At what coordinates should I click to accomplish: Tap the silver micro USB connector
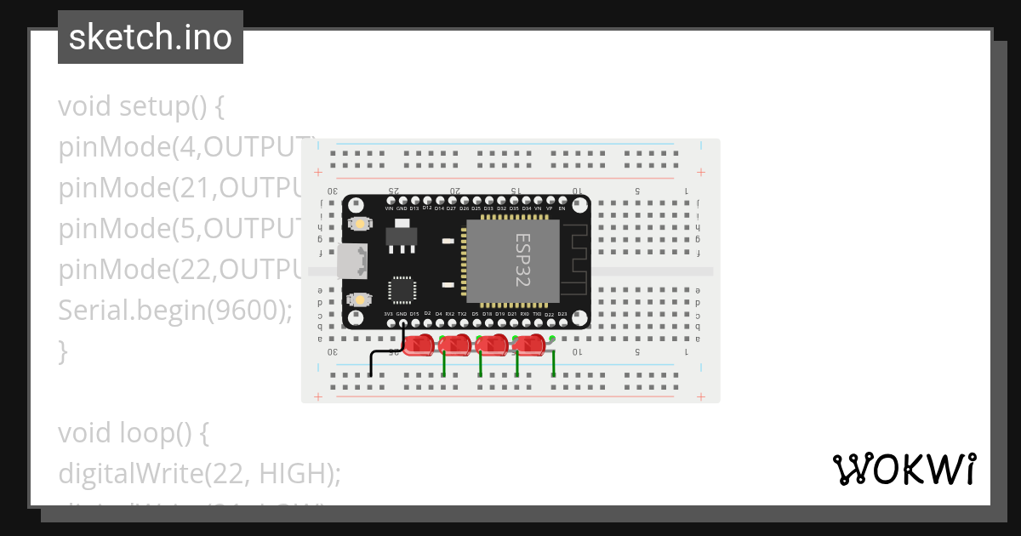click(351, 261)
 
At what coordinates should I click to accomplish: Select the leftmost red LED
click(419, 345)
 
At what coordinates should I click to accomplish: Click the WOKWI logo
click(904, 469)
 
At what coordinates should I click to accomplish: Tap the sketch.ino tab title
click(151, 37)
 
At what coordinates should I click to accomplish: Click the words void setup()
click(141, 107)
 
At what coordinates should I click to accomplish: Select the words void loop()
click(134, 433)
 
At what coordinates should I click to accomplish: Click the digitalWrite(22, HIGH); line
click(199, 474)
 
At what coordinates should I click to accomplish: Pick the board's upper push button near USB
click(361, 223)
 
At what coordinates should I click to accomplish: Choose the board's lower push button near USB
click(361, 299)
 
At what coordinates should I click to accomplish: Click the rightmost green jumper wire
click(554, 361)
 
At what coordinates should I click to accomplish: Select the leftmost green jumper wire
click(444, 362)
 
